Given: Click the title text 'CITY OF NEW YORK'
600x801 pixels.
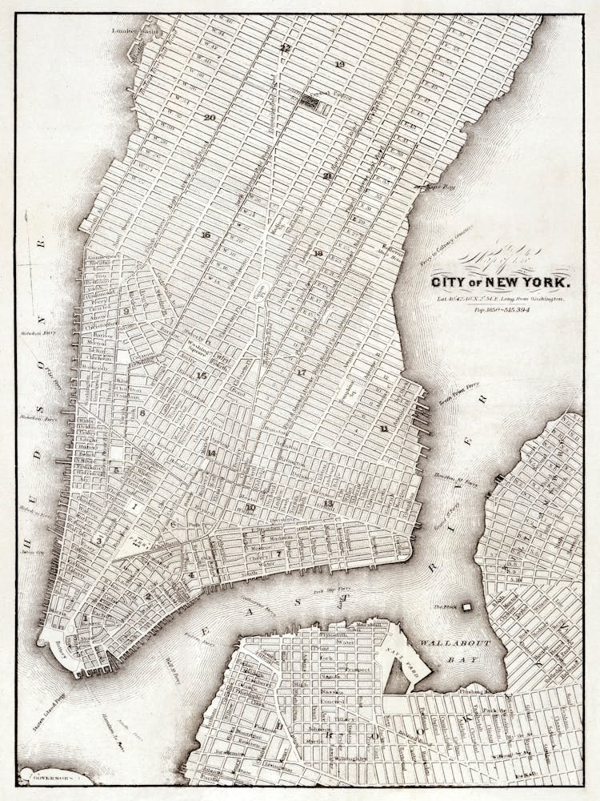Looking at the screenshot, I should (502, 283).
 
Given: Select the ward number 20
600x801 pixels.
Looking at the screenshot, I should (210, 117).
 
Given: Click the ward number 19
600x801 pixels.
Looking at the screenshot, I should (339, 64).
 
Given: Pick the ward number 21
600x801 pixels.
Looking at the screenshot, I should (327, 175).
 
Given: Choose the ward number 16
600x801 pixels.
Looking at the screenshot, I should (206, 235).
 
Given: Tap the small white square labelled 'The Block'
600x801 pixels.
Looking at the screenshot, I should (467, 607).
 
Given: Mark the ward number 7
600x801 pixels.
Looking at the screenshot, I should (278, 553).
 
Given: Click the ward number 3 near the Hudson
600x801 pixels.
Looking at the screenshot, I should (98, 541).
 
